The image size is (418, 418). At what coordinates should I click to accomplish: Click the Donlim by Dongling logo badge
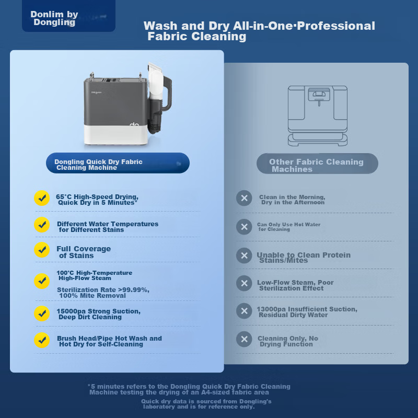pos(68,16)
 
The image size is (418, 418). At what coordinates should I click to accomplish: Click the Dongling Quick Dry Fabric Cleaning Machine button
pos(118,163)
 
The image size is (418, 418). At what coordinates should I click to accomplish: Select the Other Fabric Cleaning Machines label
pos(317,164)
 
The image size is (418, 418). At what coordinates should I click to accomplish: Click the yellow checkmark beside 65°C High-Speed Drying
pos(42,198)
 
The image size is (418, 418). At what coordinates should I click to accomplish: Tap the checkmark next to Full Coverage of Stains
pos(42,250)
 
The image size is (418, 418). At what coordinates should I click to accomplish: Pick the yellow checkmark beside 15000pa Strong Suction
pos(42,313)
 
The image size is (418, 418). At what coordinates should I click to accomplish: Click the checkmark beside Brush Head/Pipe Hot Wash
pos(42,340)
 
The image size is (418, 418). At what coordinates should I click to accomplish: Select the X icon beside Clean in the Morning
pos(244,198)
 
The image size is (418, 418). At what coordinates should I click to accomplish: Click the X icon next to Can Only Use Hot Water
pos(244,227)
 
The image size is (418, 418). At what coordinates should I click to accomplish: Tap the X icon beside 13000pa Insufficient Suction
pos(244,311)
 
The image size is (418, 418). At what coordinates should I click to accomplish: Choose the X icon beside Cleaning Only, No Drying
pos(244,339)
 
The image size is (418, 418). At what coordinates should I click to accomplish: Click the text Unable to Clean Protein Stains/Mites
pos(304,258)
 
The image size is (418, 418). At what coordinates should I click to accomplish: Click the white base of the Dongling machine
pos(116,135)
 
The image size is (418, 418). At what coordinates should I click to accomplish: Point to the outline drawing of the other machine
pos(318,115)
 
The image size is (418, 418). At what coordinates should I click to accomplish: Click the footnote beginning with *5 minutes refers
pos(189,389)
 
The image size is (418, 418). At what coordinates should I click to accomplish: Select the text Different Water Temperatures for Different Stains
pos(108,227)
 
